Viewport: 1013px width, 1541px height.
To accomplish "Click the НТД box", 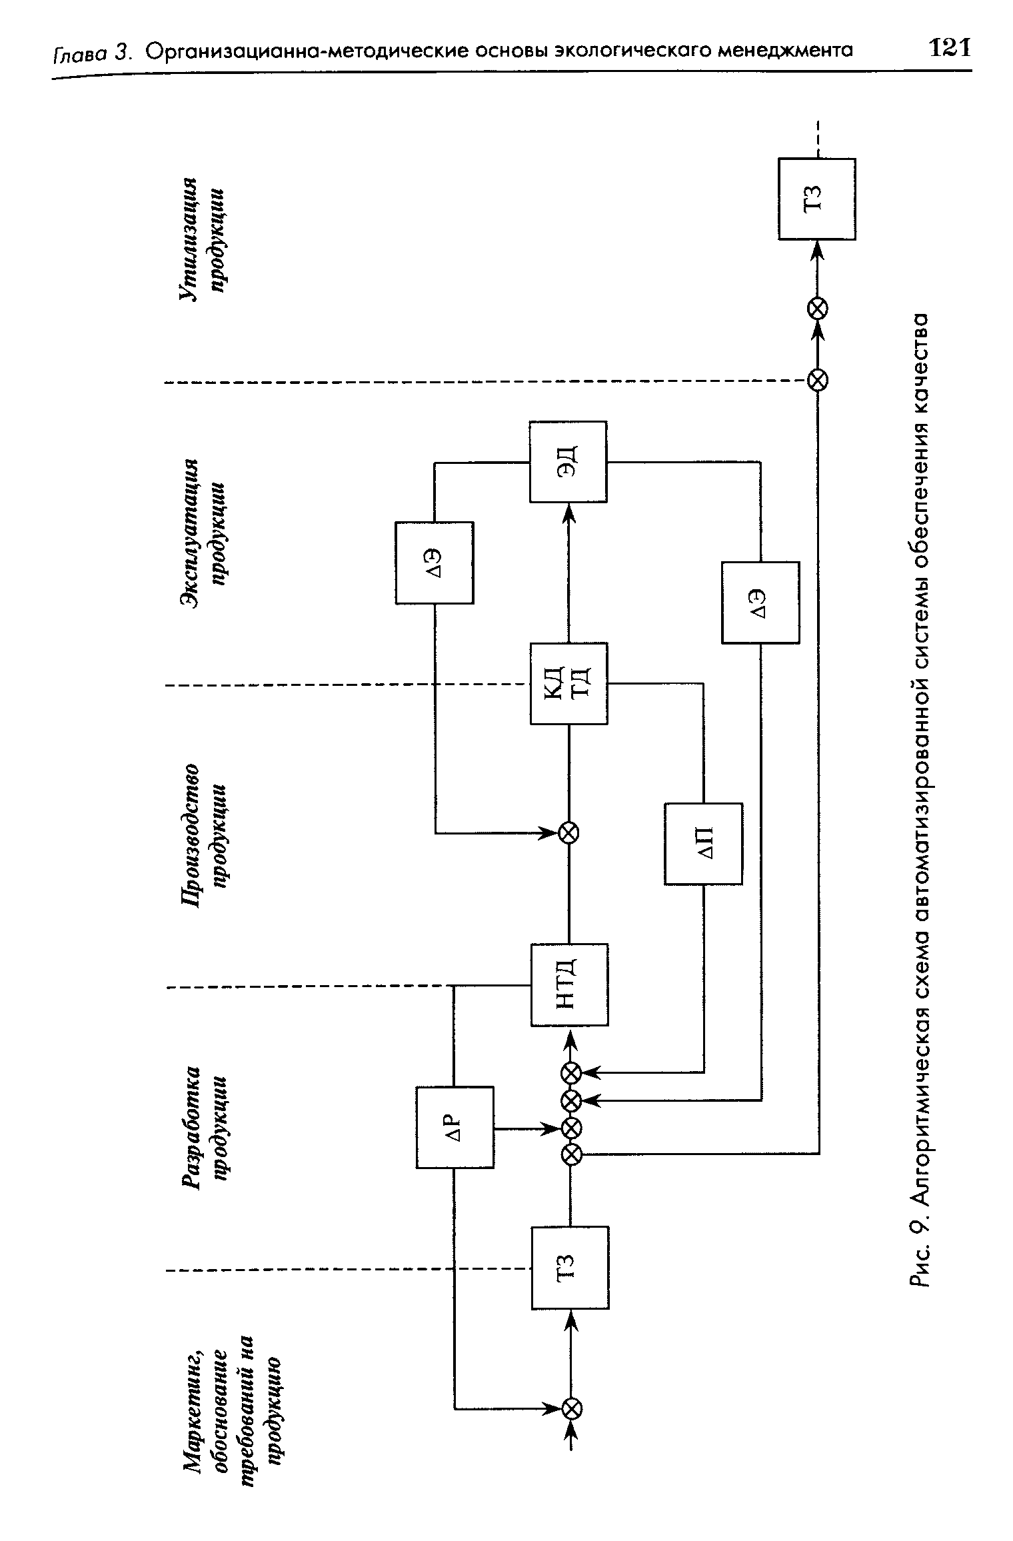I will click(569, 984).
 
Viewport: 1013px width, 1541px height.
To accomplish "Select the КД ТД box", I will click(569, 683).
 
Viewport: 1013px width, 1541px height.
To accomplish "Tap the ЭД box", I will click(568, 461).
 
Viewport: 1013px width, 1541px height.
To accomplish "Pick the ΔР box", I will click(455, 1127).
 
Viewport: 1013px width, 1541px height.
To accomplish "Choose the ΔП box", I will click(704, 844).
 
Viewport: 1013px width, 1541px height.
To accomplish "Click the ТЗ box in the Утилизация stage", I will click(817, 199).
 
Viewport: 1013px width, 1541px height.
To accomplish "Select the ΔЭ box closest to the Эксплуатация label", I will click(435, 563).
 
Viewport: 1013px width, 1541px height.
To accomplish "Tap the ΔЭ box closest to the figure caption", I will click(760, 603).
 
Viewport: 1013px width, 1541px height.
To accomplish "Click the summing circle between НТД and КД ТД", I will click(569, 832).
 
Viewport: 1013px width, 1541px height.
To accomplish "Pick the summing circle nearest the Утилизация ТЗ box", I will click(818, 308).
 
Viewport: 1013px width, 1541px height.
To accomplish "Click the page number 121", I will click(950, 48).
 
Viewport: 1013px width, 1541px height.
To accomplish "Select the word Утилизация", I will click(191, 240).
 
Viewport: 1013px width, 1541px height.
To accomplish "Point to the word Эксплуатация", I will click(191, 533).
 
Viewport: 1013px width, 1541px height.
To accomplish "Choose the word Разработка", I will click(191, 1126).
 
